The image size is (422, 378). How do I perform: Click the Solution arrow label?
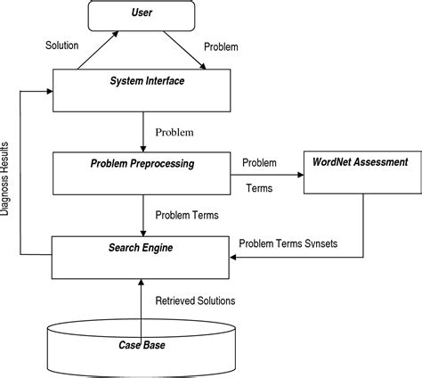(x=63, y=44)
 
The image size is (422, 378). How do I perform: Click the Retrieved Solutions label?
(x=195, y=300)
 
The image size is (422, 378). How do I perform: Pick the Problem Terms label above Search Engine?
(x=188, y=214)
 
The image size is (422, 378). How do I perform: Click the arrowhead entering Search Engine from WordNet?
(x=233, y=258)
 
